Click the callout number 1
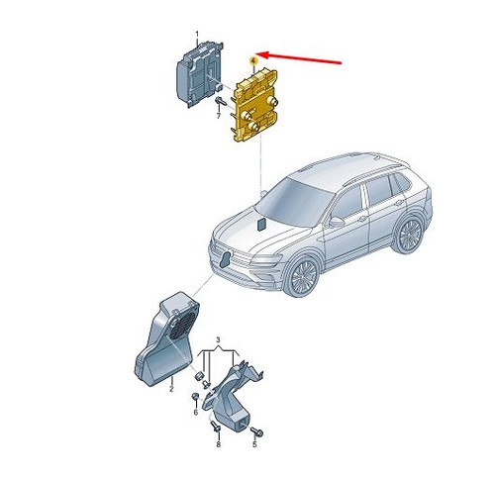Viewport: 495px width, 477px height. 197,34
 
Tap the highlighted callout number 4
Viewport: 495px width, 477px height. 253,61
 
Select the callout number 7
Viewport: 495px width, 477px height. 218,116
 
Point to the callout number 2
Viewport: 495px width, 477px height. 171,389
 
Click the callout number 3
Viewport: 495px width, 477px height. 218,339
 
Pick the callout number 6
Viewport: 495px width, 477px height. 195,413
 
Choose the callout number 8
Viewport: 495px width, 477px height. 218,444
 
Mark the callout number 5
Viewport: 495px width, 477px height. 254,444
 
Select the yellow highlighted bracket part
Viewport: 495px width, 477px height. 255,106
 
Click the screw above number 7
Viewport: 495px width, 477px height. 221,101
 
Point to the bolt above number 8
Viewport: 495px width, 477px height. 216,426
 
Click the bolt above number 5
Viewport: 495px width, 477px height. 256,430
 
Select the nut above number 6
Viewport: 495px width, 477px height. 195,396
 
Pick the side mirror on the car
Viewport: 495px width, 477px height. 337,223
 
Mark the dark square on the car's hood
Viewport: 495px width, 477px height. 263,224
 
